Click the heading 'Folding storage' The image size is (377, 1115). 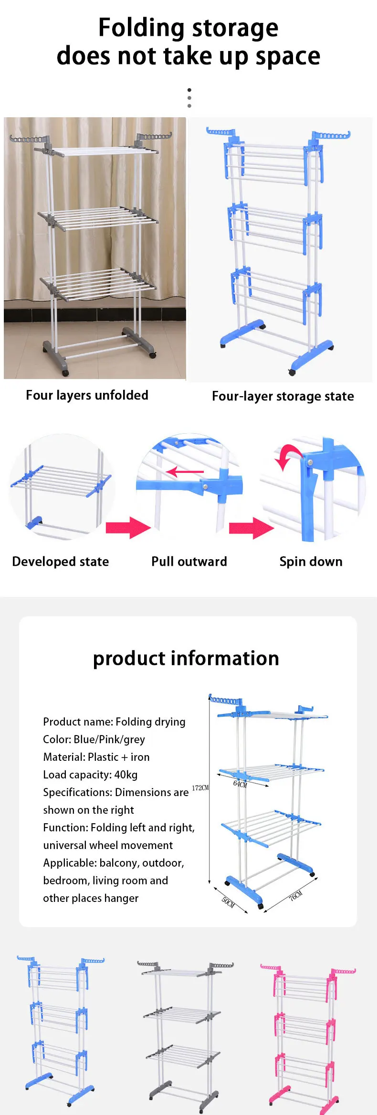(x=188, y=28)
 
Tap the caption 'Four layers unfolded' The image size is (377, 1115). (x=87, y=395)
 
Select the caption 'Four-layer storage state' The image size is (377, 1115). (x=283, y=396)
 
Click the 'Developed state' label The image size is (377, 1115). (x=60, y=562)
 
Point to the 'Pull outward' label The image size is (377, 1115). (x=189, y=562)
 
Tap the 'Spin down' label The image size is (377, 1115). (x=311, y=562)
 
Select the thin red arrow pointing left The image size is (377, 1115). (x=184, y=472)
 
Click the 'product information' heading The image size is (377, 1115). (x=186, y=658)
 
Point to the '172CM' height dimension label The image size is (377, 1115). (x=200, y=788)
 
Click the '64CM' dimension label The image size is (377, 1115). (x=240, y=784)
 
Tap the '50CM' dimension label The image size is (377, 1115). (x=228, y=901)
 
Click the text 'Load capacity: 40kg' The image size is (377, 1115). (x=90, y=775)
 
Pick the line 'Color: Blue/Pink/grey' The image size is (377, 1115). (x=94, y=739)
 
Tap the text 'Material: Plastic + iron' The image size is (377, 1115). (x=96, y=757)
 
